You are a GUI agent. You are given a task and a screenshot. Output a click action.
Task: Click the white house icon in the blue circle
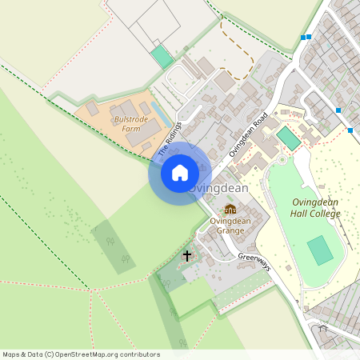[x=180, y=173]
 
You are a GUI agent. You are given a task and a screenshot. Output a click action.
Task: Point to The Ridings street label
[x=170, y=138]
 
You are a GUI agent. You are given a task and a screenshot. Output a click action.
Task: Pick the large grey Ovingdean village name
[x=219, y=188]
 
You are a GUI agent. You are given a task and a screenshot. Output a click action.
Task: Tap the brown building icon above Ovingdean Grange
[x=230, y=210]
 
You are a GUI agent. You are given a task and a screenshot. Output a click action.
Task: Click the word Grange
[x=230, y=230]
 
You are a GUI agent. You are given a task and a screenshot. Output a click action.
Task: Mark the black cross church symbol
[x=188, y=256]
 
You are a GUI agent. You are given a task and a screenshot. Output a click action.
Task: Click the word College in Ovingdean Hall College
[x=317, y=214]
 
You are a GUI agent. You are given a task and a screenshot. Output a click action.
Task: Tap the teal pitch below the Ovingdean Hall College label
[x=320, y=250]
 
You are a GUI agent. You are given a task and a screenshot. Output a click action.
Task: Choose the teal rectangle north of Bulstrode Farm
[x=162, y=57]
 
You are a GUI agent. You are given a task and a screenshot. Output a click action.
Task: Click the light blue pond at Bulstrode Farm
[x=161, y=117]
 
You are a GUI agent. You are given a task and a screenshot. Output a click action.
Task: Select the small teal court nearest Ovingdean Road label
[x=288, y=138]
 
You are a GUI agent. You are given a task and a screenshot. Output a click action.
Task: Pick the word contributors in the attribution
[x=140, y=354]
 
